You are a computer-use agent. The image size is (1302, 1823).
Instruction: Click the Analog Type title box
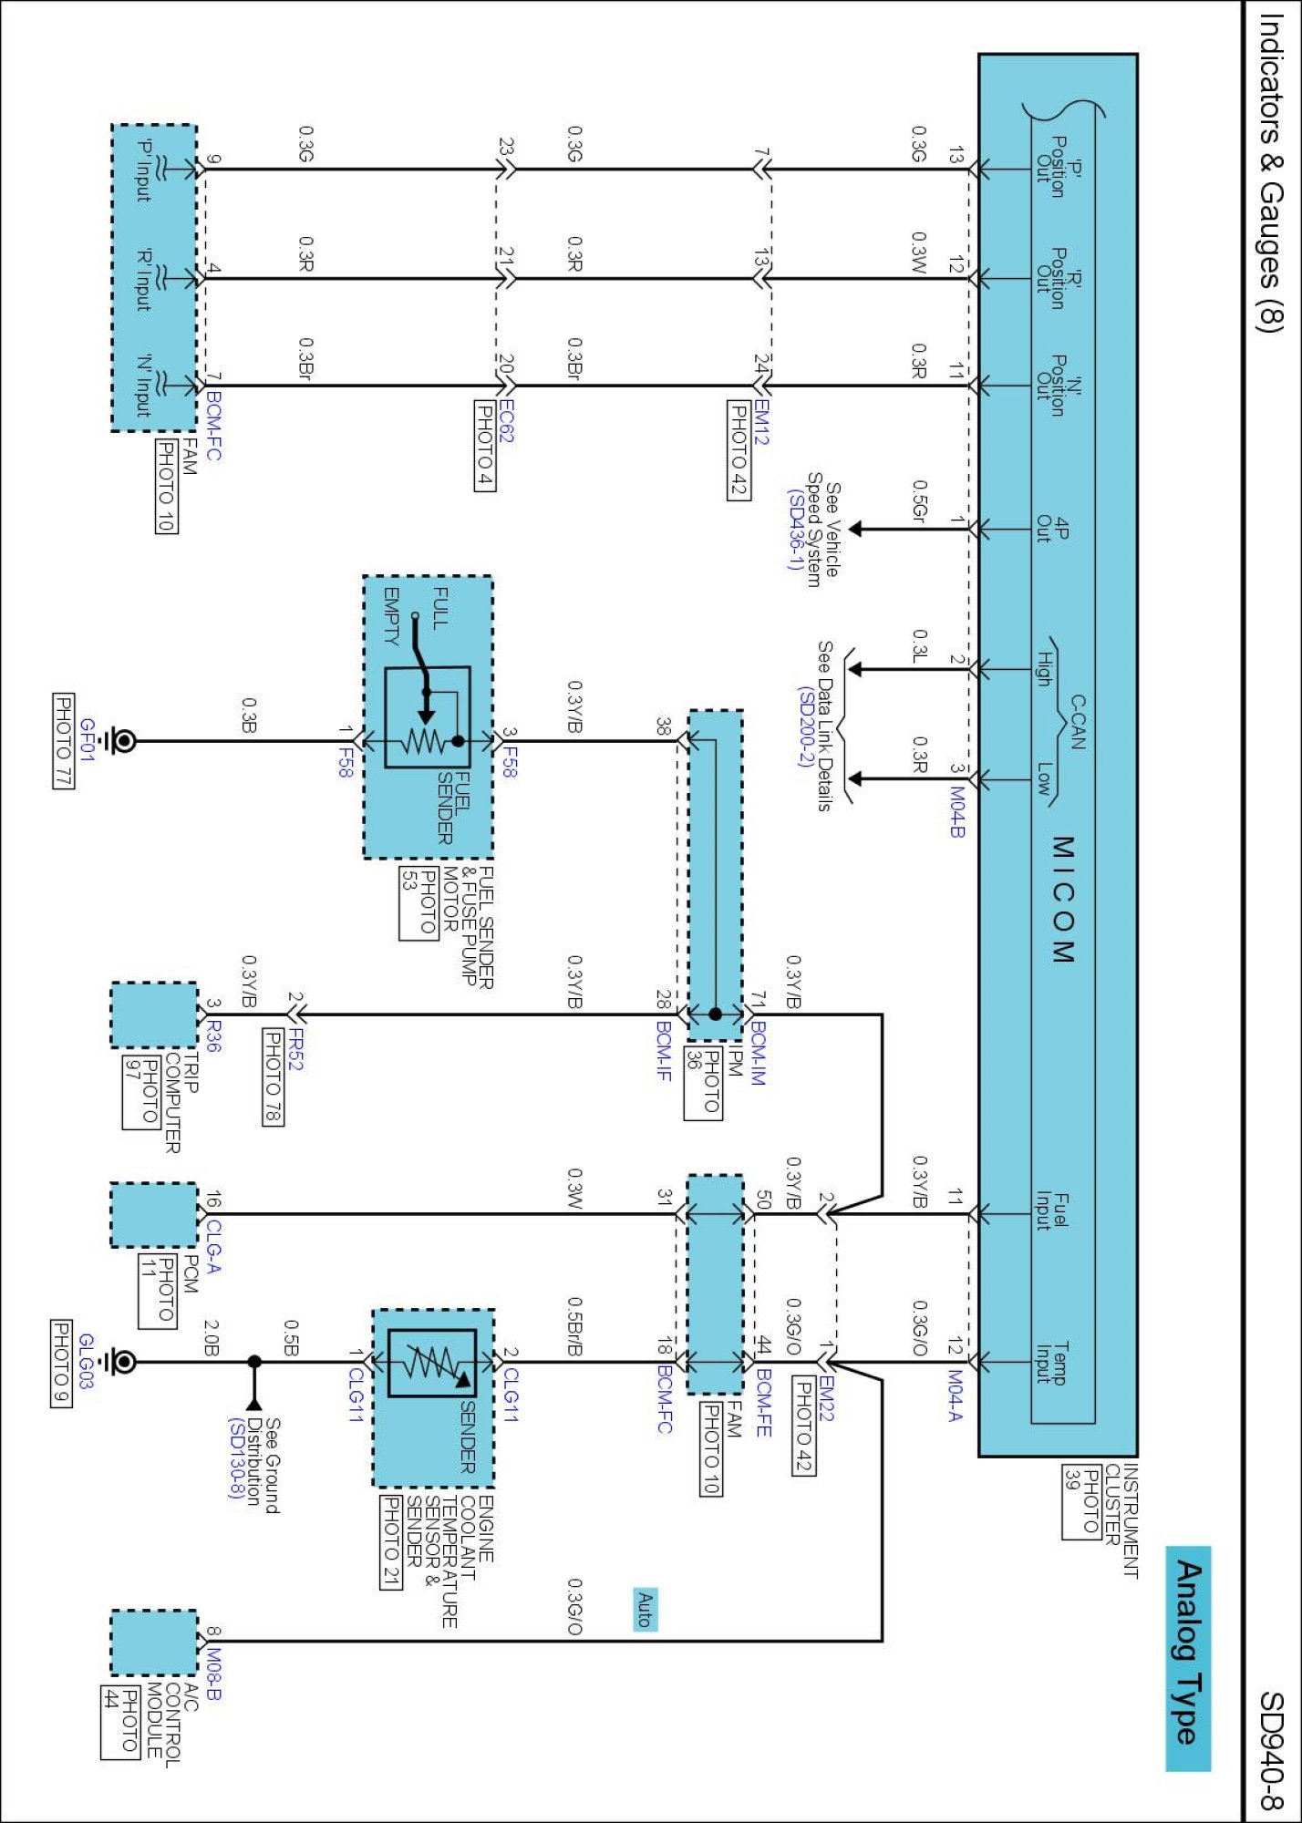[1188, 1658]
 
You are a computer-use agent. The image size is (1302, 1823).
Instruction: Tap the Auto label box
[645, 1609]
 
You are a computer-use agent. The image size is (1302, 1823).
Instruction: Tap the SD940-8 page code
[1271, 1750]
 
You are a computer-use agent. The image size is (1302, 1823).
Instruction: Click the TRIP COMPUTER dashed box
[154, 1015]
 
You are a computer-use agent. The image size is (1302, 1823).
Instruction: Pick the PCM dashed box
[154, 1215]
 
